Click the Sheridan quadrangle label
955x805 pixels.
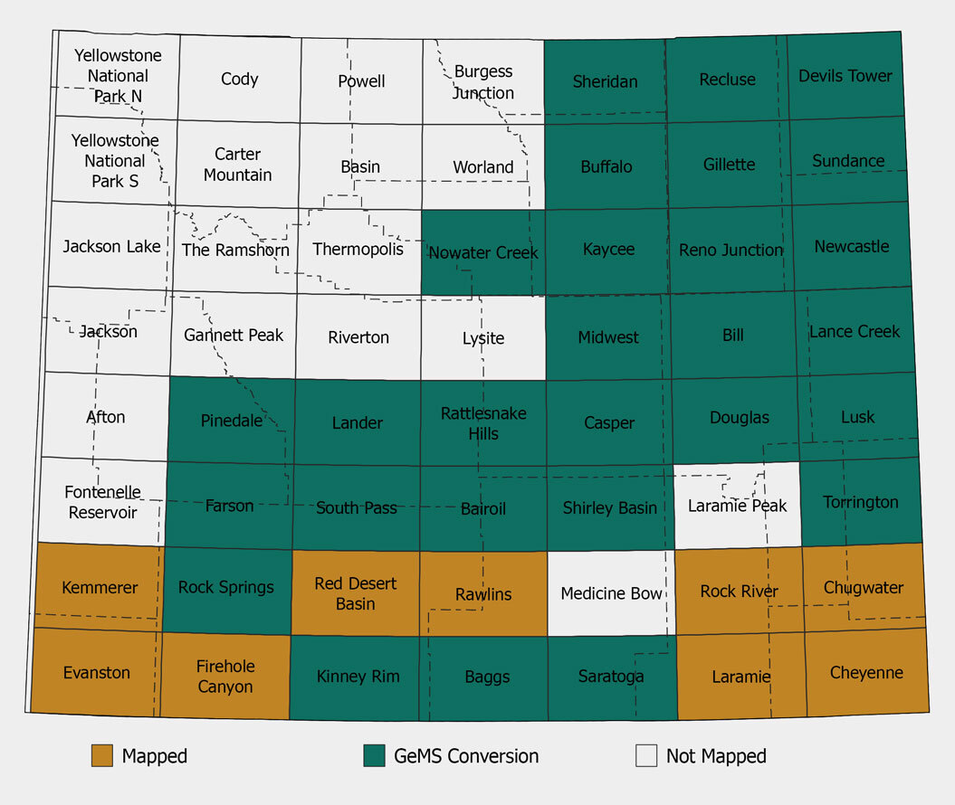(605, 81)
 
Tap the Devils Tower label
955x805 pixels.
(845, 76)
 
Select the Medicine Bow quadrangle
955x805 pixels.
(612, 593)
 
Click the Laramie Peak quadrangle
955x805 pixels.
(738, 506)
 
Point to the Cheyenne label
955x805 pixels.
(866, 673)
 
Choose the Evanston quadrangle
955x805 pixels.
(96, 673)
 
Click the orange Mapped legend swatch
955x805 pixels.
(102, 756)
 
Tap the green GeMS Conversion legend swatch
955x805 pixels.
(374, 756)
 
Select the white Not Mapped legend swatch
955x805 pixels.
(646, 756)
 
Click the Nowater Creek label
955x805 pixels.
(483, 252)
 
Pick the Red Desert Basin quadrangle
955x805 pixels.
(356, 593)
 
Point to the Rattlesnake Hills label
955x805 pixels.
(483, 423)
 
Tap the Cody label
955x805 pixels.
(239, 80)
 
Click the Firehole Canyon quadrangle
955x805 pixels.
(225, 677)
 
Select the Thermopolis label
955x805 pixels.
(358, 249)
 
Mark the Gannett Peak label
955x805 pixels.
(234, 336)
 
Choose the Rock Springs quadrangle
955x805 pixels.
(225, 588)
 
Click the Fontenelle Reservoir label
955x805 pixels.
(102, 502)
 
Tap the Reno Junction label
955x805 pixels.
(731, 250)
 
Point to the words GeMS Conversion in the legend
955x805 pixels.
(466, 756)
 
